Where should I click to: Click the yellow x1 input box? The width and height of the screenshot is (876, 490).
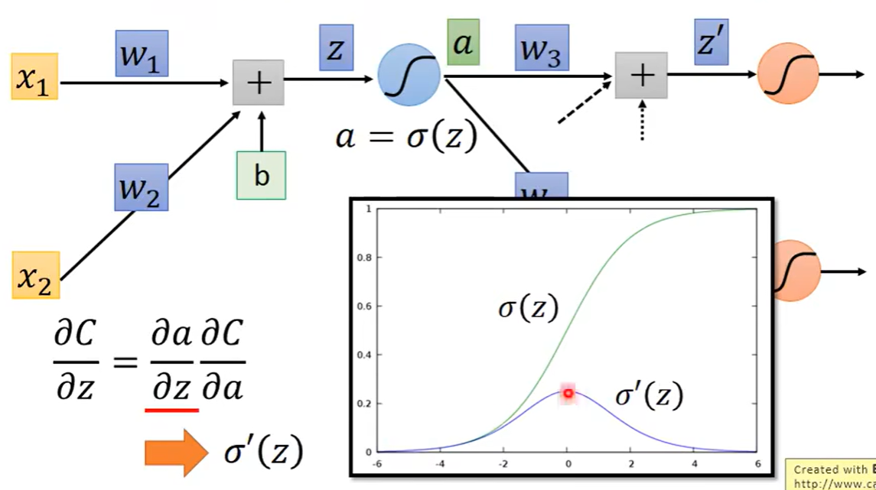pyautogui.click(x=34, y=77)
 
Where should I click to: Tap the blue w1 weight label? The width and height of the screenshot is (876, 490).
pyautogui.click(x=141, y=53)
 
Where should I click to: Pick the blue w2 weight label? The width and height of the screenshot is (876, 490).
pyautogui.click(x=141, y=187)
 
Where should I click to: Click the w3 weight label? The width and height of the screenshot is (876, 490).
pyautogui.click(x=541, y=47)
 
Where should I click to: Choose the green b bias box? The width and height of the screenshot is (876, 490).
pyautogui.click(x=262, y=175)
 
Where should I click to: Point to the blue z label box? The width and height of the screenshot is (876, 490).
pyautogui.click(x=336, y=48)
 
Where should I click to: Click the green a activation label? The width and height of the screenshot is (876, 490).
pyautogui.click(x=463, y=41)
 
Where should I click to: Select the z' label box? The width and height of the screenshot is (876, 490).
pyautogui.click(x=711, y=41)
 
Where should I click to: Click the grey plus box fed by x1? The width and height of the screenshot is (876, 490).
pyautogui.click(x=259, y=83)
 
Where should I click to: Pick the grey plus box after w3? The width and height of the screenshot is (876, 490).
pyautogui.click(x=641, y=75)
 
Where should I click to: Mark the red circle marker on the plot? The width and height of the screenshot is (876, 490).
pyautogui.click(x=568, y=393)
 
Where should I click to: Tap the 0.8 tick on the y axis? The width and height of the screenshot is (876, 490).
pyautogui.click(x=364, y=258)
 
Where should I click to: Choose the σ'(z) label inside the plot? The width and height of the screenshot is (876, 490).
pyautogui.click(x=649, y=396)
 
